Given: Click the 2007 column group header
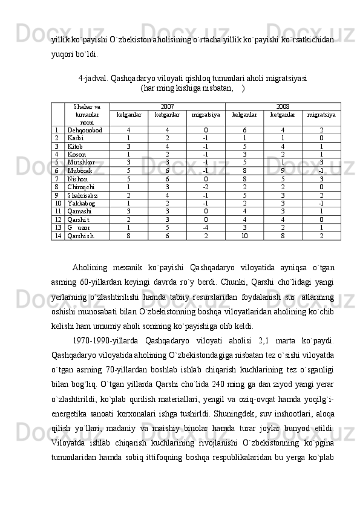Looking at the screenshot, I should [x=167, y=106].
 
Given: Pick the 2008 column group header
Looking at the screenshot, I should [x=283, y=106].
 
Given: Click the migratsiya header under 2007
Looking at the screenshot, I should [x=206, y=114].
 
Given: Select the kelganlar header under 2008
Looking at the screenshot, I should [x=244, y=114].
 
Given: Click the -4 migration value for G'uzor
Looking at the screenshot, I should [x=206, y=228].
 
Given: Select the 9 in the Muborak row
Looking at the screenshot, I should [x=283, y=171].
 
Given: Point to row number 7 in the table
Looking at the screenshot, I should [x=56, y=179].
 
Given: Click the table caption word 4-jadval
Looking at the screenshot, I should [x=94, y=78].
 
